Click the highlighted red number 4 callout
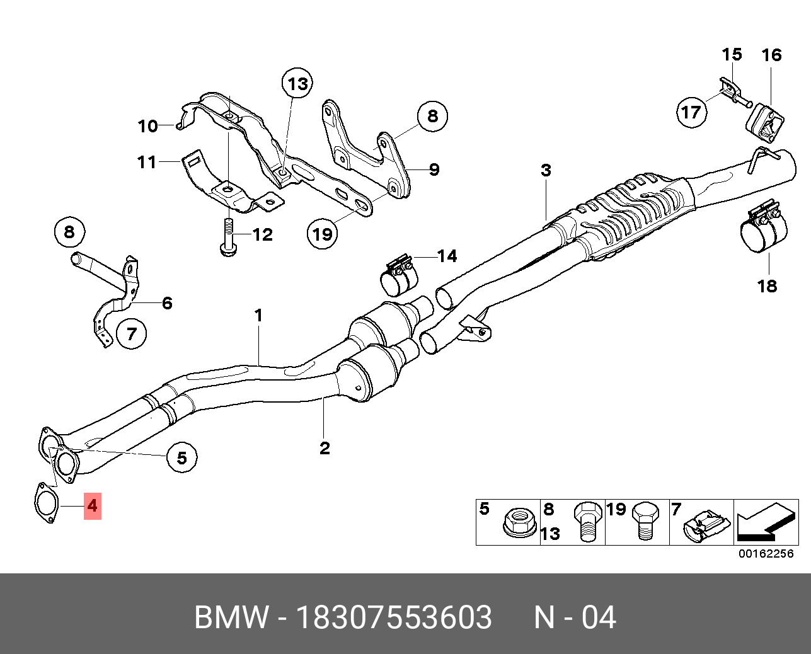coord(93,505)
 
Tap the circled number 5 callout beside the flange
coord(182,457)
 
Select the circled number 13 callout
coord(297,84)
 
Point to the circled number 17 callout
coord(691,112)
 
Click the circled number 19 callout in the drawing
coord(322,234)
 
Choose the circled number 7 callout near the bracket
coord(131,333)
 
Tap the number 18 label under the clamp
coord(767,286)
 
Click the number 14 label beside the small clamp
coord(447,256)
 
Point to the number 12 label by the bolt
coord(263,235)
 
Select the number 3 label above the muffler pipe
coord(546,170)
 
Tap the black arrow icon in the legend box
coord(765,523)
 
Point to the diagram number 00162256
coord(766,554)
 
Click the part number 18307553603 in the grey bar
coord(394,617)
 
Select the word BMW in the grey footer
coord(231,617)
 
